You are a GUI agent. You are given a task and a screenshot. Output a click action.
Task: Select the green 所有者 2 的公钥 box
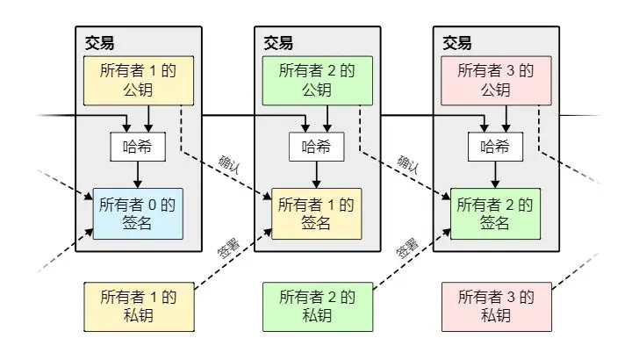point(317,81)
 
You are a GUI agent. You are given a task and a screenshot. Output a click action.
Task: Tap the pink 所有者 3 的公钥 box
point(496,81)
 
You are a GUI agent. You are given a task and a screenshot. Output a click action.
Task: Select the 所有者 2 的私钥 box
point(317,306)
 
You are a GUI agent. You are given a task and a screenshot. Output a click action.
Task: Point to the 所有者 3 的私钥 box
point(496,306)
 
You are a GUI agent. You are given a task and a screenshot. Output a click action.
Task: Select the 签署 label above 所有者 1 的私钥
point(227,248)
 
